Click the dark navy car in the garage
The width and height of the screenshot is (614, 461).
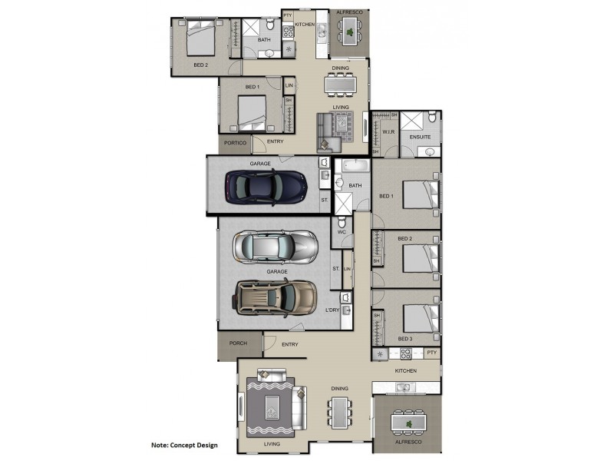[x=266, y=187]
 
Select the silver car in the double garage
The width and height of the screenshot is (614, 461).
[x=276, y=247]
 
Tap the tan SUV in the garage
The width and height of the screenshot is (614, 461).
[x=276, y=297]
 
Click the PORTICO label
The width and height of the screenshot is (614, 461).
[x=235, y=143]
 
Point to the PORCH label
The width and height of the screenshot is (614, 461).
[x=238, y=343]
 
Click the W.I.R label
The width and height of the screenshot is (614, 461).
[x=388, y=132]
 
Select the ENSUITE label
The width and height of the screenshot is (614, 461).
[x=420, y=138]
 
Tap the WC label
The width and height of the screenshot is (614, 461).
[x=342, y=232]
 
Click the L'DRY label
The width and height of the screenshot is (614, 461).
[x=332, y=310]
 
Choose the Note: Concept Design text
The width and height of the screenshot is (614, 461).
[x=184, y=445]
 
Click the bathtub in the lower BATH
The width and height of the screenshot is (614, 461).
[x=355, y=165]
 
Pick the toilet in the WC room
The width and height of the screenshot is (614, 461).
[x=342, y=221]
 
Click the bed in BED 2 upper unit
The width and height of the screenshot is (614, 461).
[x=201, y=38]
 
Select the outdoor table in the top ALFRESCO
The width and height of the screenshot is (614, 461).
[x=350, y=30]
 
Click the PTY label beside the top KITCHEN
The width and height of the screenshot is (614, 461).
[x=288, y=15]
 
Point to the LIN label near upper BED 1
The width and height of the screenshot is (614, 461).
[x=289, y=85]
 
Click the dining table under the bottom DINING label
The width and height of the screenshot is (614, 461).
[x=339, y=413]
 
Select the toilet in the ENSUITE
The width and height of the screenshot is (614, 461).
[x=432, y=117]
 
